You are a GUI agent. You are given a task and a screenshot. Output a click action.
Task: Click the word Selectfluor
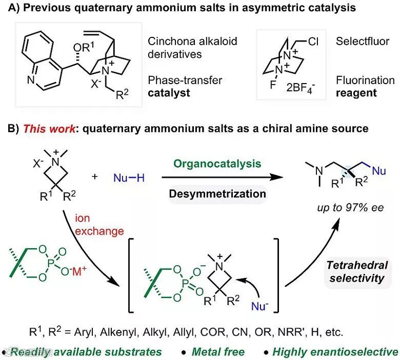(361, 42)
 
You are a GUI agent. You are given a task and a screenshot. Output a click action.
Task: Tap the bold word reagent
(357, 93)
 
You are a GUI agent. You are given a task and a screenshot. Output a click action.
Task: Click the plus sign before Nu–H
(94, 177)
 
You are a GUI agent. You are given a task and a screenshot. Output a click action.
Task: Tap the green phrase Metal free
(218, 352)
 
